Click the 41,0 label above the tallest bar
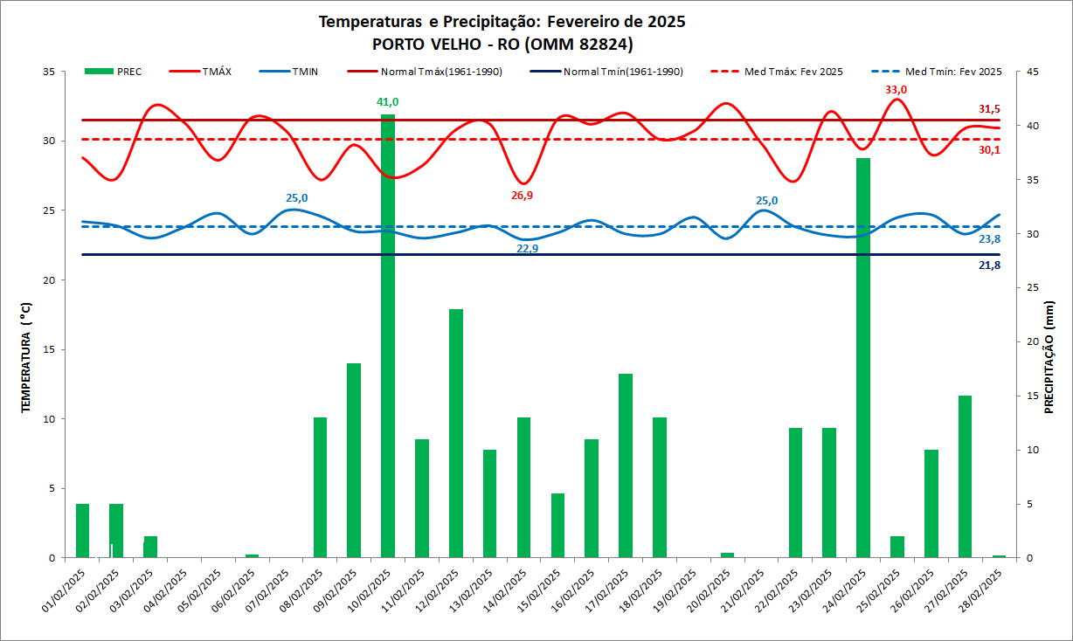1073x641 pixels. [x=387, y=102]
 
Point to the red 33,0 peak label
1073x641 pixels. [x=896, y=89]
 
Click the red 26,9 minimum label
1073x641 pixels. [x=522, y=196]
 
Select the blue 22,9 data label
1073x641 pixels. [x=527, y=248]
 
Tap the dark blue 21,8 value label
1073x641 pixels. [x=989, y=265]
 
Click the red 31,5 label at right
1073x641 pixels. [x=989, y=109]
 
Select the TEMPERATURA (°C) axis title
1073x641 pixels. [x=26, y=358]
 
